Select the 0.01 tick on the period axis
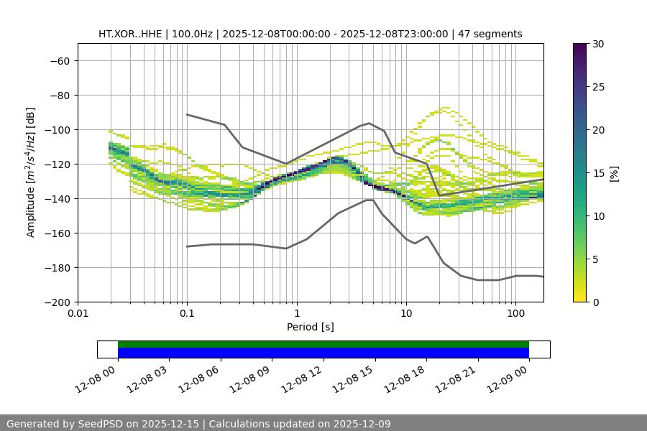pyautogui.click(x=78, y=313)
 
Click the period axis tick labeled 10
pyautogui.click(x=405, y=313)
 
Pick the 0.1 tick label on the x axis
pyautogui.click(x=187, y=313)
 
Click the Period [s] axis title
pyautogui.click(x=310, y=327)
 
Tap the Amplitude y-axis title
pyautogui.click(x=31, y=172)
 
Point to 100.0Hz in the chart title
pyautogui.click(x=192, y=34)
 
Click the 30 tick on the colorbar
pyautogui.click(x=597, y=44)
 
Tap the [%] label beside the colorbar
pyautogui.click(x=614, y=173)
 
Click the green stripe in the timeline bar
pyautogui.click(x=323, y=344)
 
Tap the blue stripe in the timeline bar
pyautogui.click(x=323, y=353)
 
